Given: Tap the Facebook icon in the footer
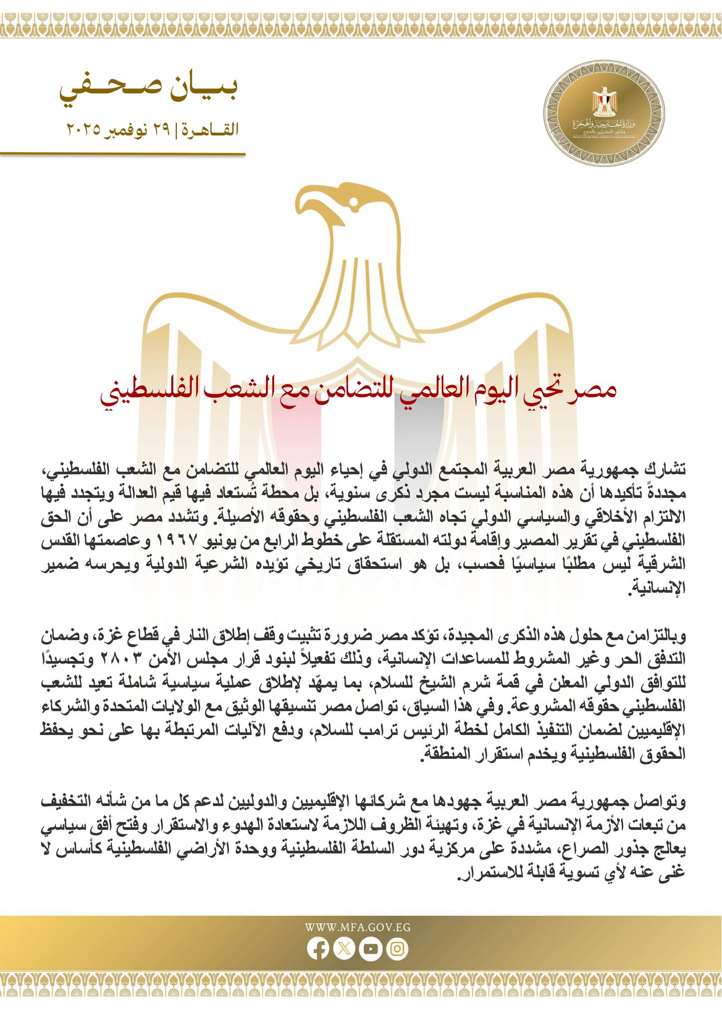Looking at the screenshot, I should [318, 949].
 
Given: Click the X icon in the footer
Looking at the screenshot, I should [344, 949].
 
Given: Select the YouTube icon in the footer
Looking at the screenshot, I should [371, 949].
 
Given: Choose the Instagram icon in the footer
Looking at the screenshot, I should [397, 949].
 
